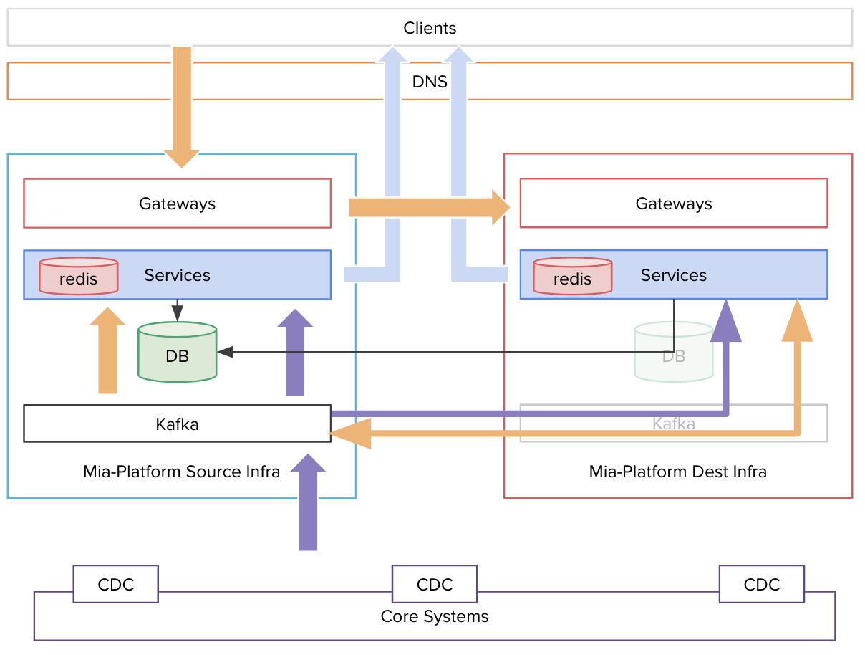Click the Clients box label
coord(430,28)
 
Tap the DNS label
coord(430,82)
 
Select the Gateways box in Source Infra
coord(177,204)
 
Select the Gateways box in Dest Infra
coord(673,204)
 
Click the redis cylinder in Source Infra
coord(78,277)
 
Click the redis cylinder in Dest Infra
coord(572,277)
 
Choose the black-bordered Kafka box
coord(177,424)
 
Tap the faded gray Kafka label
coord(673,424)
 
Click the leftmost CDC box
coord(115,584)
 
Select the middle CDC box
coord(434,584)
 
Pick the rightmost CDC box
coord(761,584)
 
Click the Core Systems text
coord(434,616)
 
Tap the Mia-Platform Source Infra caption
coord(181,472)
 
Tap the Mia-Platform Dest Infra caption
coord(677,472)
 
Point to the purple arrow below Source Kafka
coord(308,505)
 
